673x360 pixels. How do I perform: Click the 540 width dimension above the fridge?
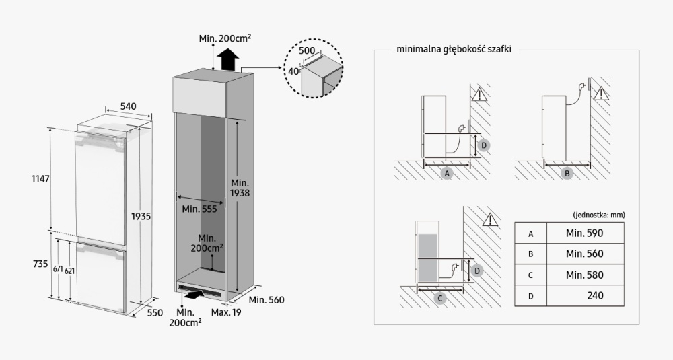click(x=128, y=106)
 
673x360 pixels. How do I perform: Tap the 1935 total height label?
click(x=141, y=217)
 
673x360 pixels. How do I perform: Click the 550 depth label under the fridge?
click(x=155, y=312)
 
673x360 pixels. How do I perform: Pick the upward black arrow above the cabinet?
click(x=229, y=59)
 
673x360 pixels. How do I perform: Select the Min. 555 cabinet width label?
click(x=199, y=209)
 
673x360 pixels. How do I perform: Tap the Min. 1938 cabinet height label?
click(x=240, y=188)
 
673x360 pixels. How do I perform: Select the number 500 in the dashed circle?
click(x=307, y=51)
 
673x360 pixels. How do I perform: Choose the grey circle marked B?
click(x=567, y=173)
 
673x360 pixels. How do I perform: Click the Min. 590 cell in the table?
click(x=584, y=233)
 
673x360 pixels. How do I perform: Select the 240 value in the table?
click(x=594, y=295)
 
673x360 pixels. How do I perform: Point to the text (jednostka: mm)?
click(x=599, y=215)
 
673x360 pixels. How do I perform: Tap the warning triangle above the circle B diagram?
click(x=601, y=92)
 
